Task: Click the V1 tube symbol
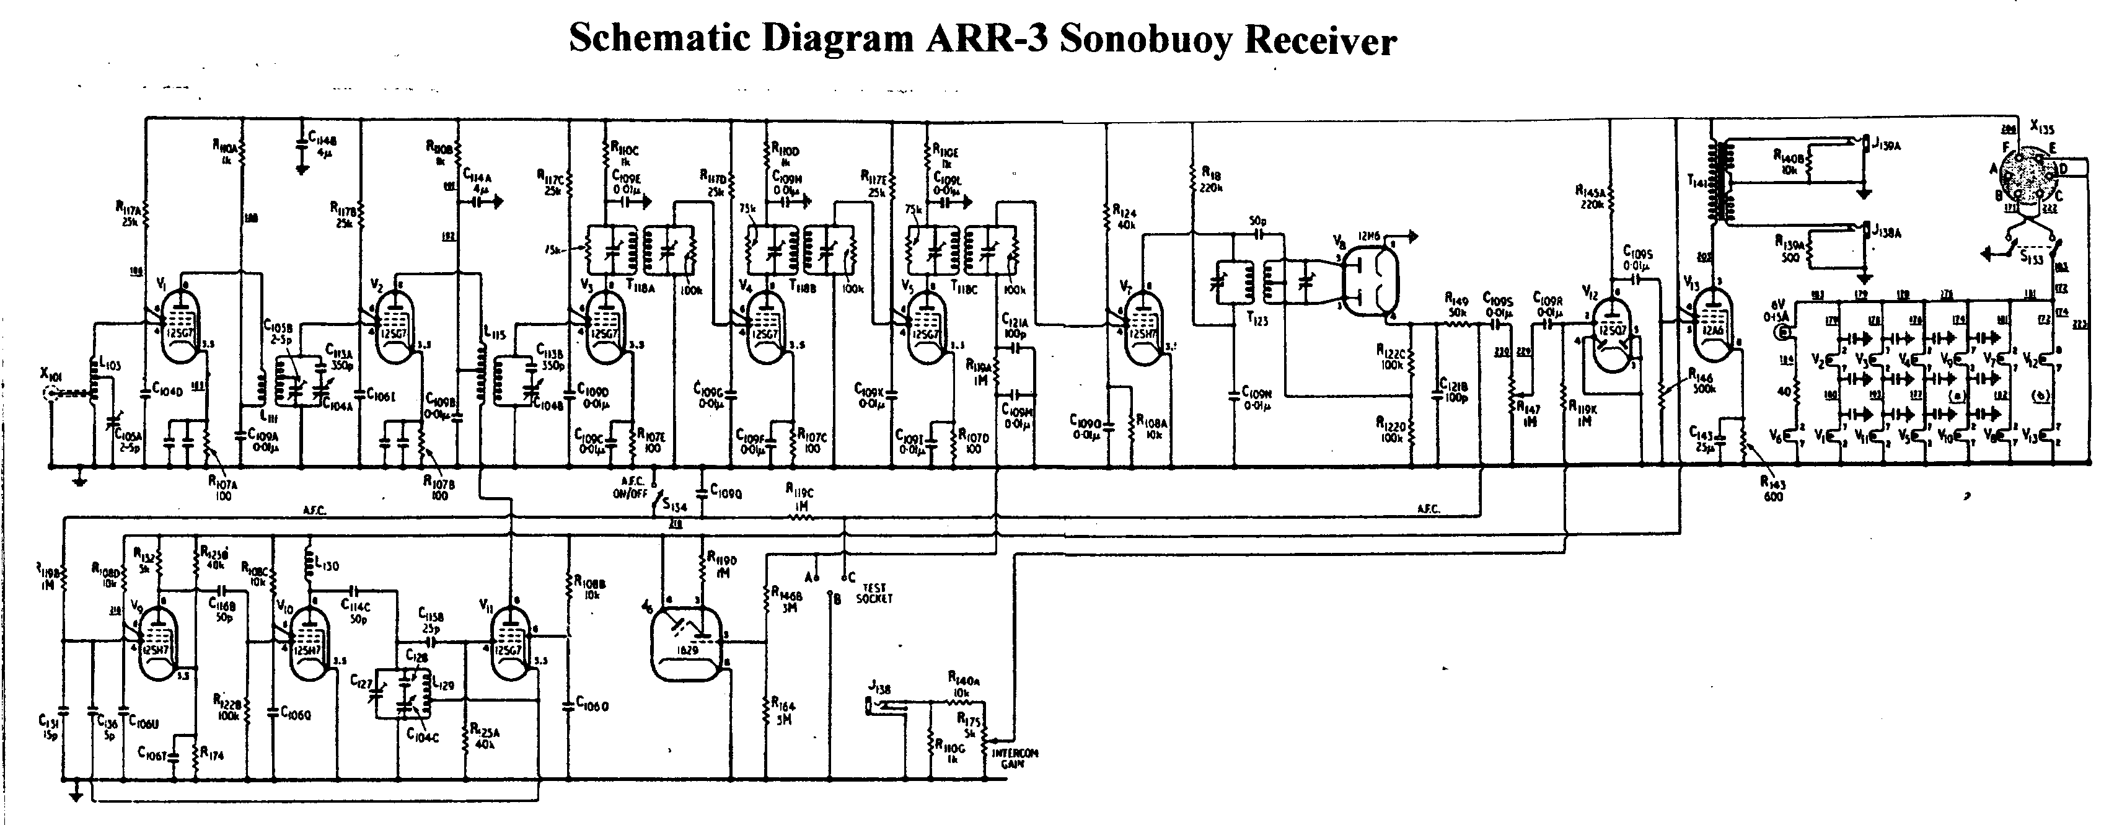181,327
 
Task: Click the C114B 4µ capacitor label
321,146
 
